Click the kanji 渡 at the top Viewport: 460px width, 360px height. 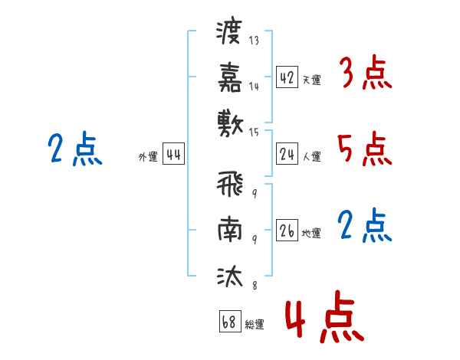(229, 32)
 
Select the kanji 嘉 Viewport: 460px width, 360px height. (230, 77)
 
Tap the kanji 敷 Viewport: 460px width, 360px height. (230, 123)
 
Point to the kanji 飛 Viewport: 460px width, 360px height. (230, 184)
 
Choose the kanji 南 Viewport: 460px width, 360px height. (230, 229)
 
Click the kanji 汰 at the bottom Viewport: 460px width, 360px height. (230, 276)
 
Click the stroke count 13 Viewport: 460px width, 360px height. (254, 40)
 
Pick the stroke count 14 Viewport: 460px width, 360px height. (254, 87)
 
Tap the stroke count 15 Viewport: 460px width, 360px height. (254, 133)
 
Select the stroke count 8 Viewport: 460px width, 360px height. (255, 285)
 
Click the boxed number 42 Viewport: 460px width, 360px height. (287, 77)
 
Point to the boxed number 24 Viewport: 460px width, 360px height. (287, 154)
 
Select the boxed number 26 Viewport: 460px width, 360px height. (287, 230)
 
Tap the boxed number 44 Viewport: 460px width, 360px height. (173, 154)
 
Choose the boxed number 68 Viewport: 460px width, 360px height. (230, 321)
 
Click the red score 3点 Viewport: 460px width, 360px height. (366, 73)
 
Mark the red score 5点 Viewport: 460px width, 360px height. (365, 149)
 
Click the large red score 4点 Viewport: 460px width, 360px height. (324, 317)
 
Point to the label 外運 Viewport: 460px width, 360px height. (148, 156)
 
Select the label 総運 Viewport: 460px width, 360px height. (255, 324)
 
